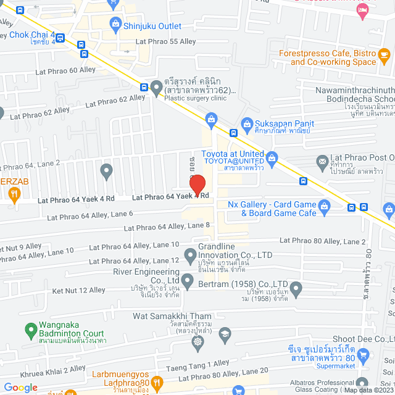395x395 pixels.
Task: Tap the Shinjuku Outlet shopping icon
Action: (x=115, y=25)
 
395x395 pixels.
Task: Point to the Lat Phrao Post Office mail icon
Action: (x=322, y=162)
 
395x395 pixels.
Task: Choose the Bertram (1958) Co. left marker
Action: (x=189, y=286)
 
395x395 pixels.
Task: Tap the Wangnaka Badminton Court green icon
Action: (x=30, y=331)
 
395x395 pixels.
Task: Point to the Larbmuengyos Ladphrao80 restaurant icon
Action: (x=156, y=382)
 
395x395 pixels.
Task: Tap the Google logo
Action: (x=21, y=387)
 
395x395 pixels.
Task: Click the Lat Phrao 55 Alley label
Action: (x=166, y=41)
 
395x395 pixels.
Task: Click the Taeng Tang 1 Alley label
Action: (x=196, y=364)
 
